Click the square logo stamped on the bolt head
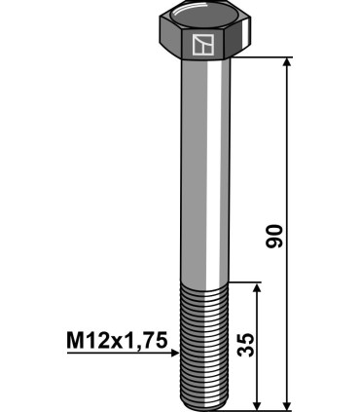click(x=203, y=44)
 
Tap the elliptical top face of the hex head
click(x=203, y=18)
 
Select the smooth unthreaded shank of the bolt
click(x=203, y=166)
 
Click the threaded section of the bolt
click(x=203, y=341)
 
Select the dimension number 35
click(x=248, y=345)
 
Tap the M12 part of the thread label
click(x=85, y=340)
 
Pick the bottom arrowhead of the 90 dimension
click(x=287, y=402)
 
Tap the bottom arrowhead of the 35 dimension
click(x=257, y=402)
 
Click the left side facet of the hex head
click(x=166, y=41)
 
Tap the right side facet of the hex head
click(x=240, y=41)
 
